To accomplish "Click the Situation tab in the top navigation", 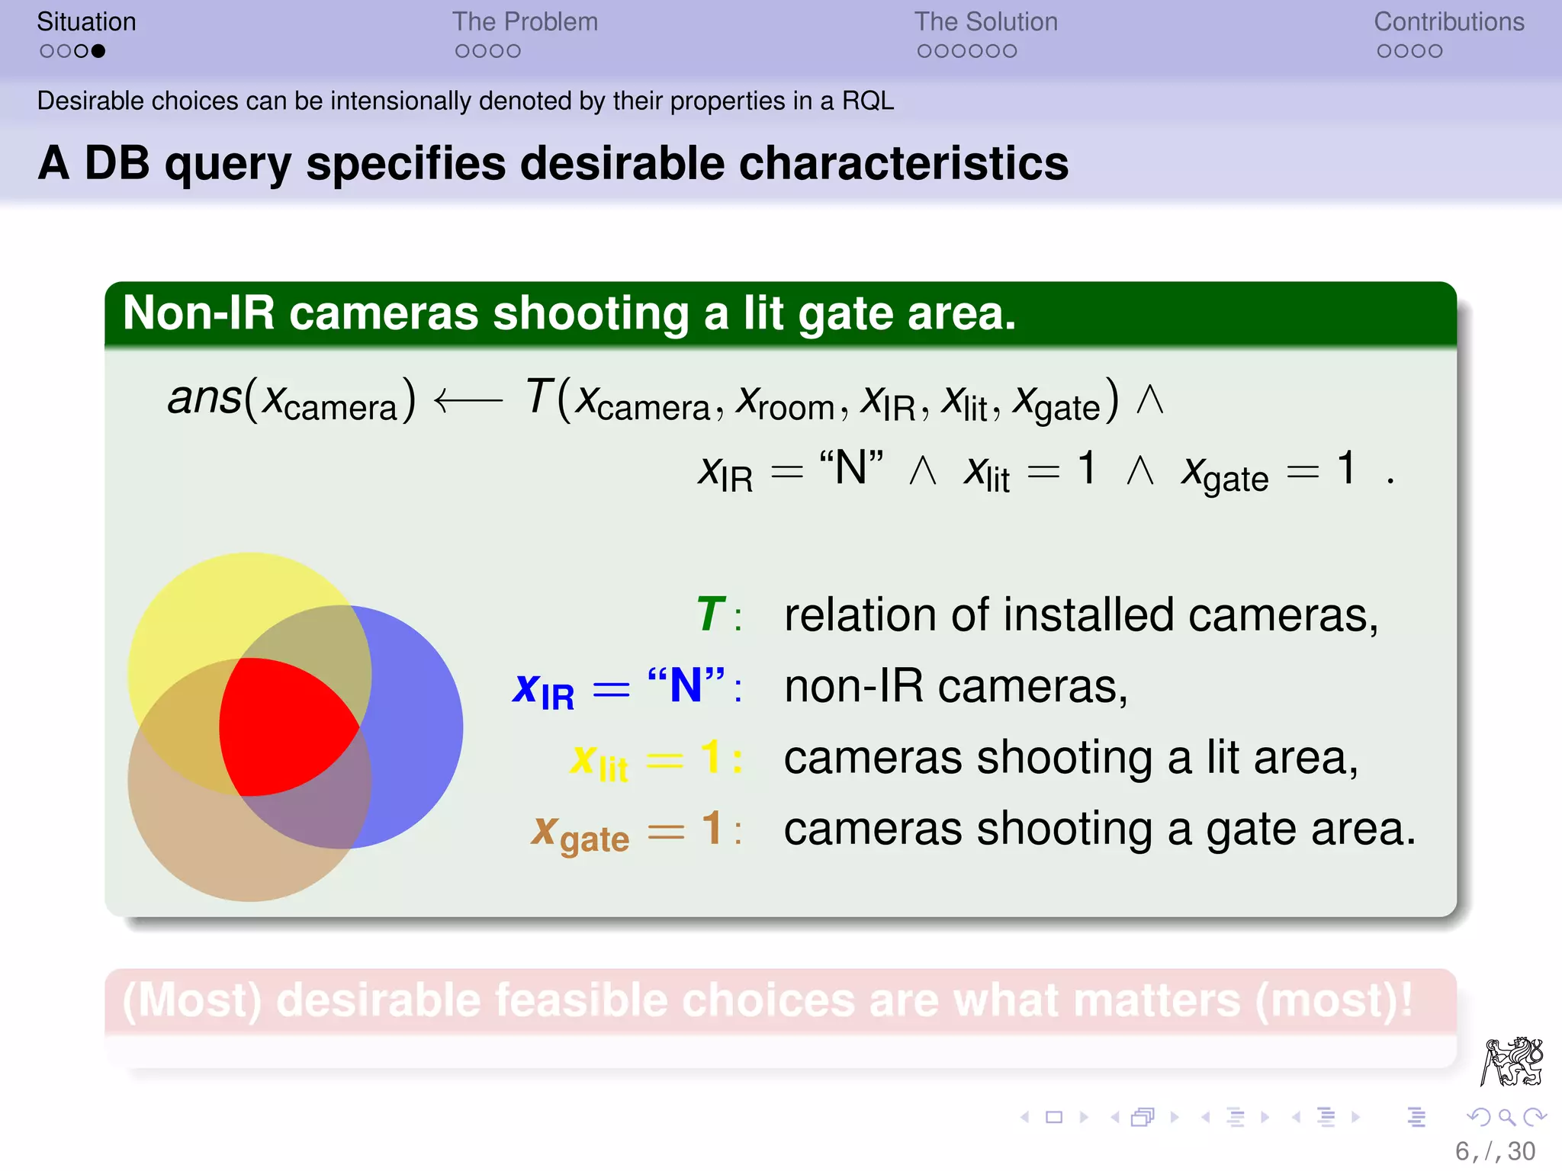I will click(86, 22).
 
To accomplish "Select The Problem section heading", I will click(525, 22).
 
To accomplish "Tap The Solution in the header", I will click(985, 22).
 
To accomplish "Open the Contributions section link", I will click(1448, 22).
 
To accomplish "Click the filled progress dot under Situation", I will click(98, 51).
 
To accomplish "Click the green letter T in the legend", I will click(710, 614).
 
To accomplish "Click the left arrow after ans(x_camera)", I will click(468, 399).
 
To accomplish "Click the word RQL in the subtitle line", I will click(867, 101).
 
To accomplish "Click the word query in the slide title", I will click(227, 164).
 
